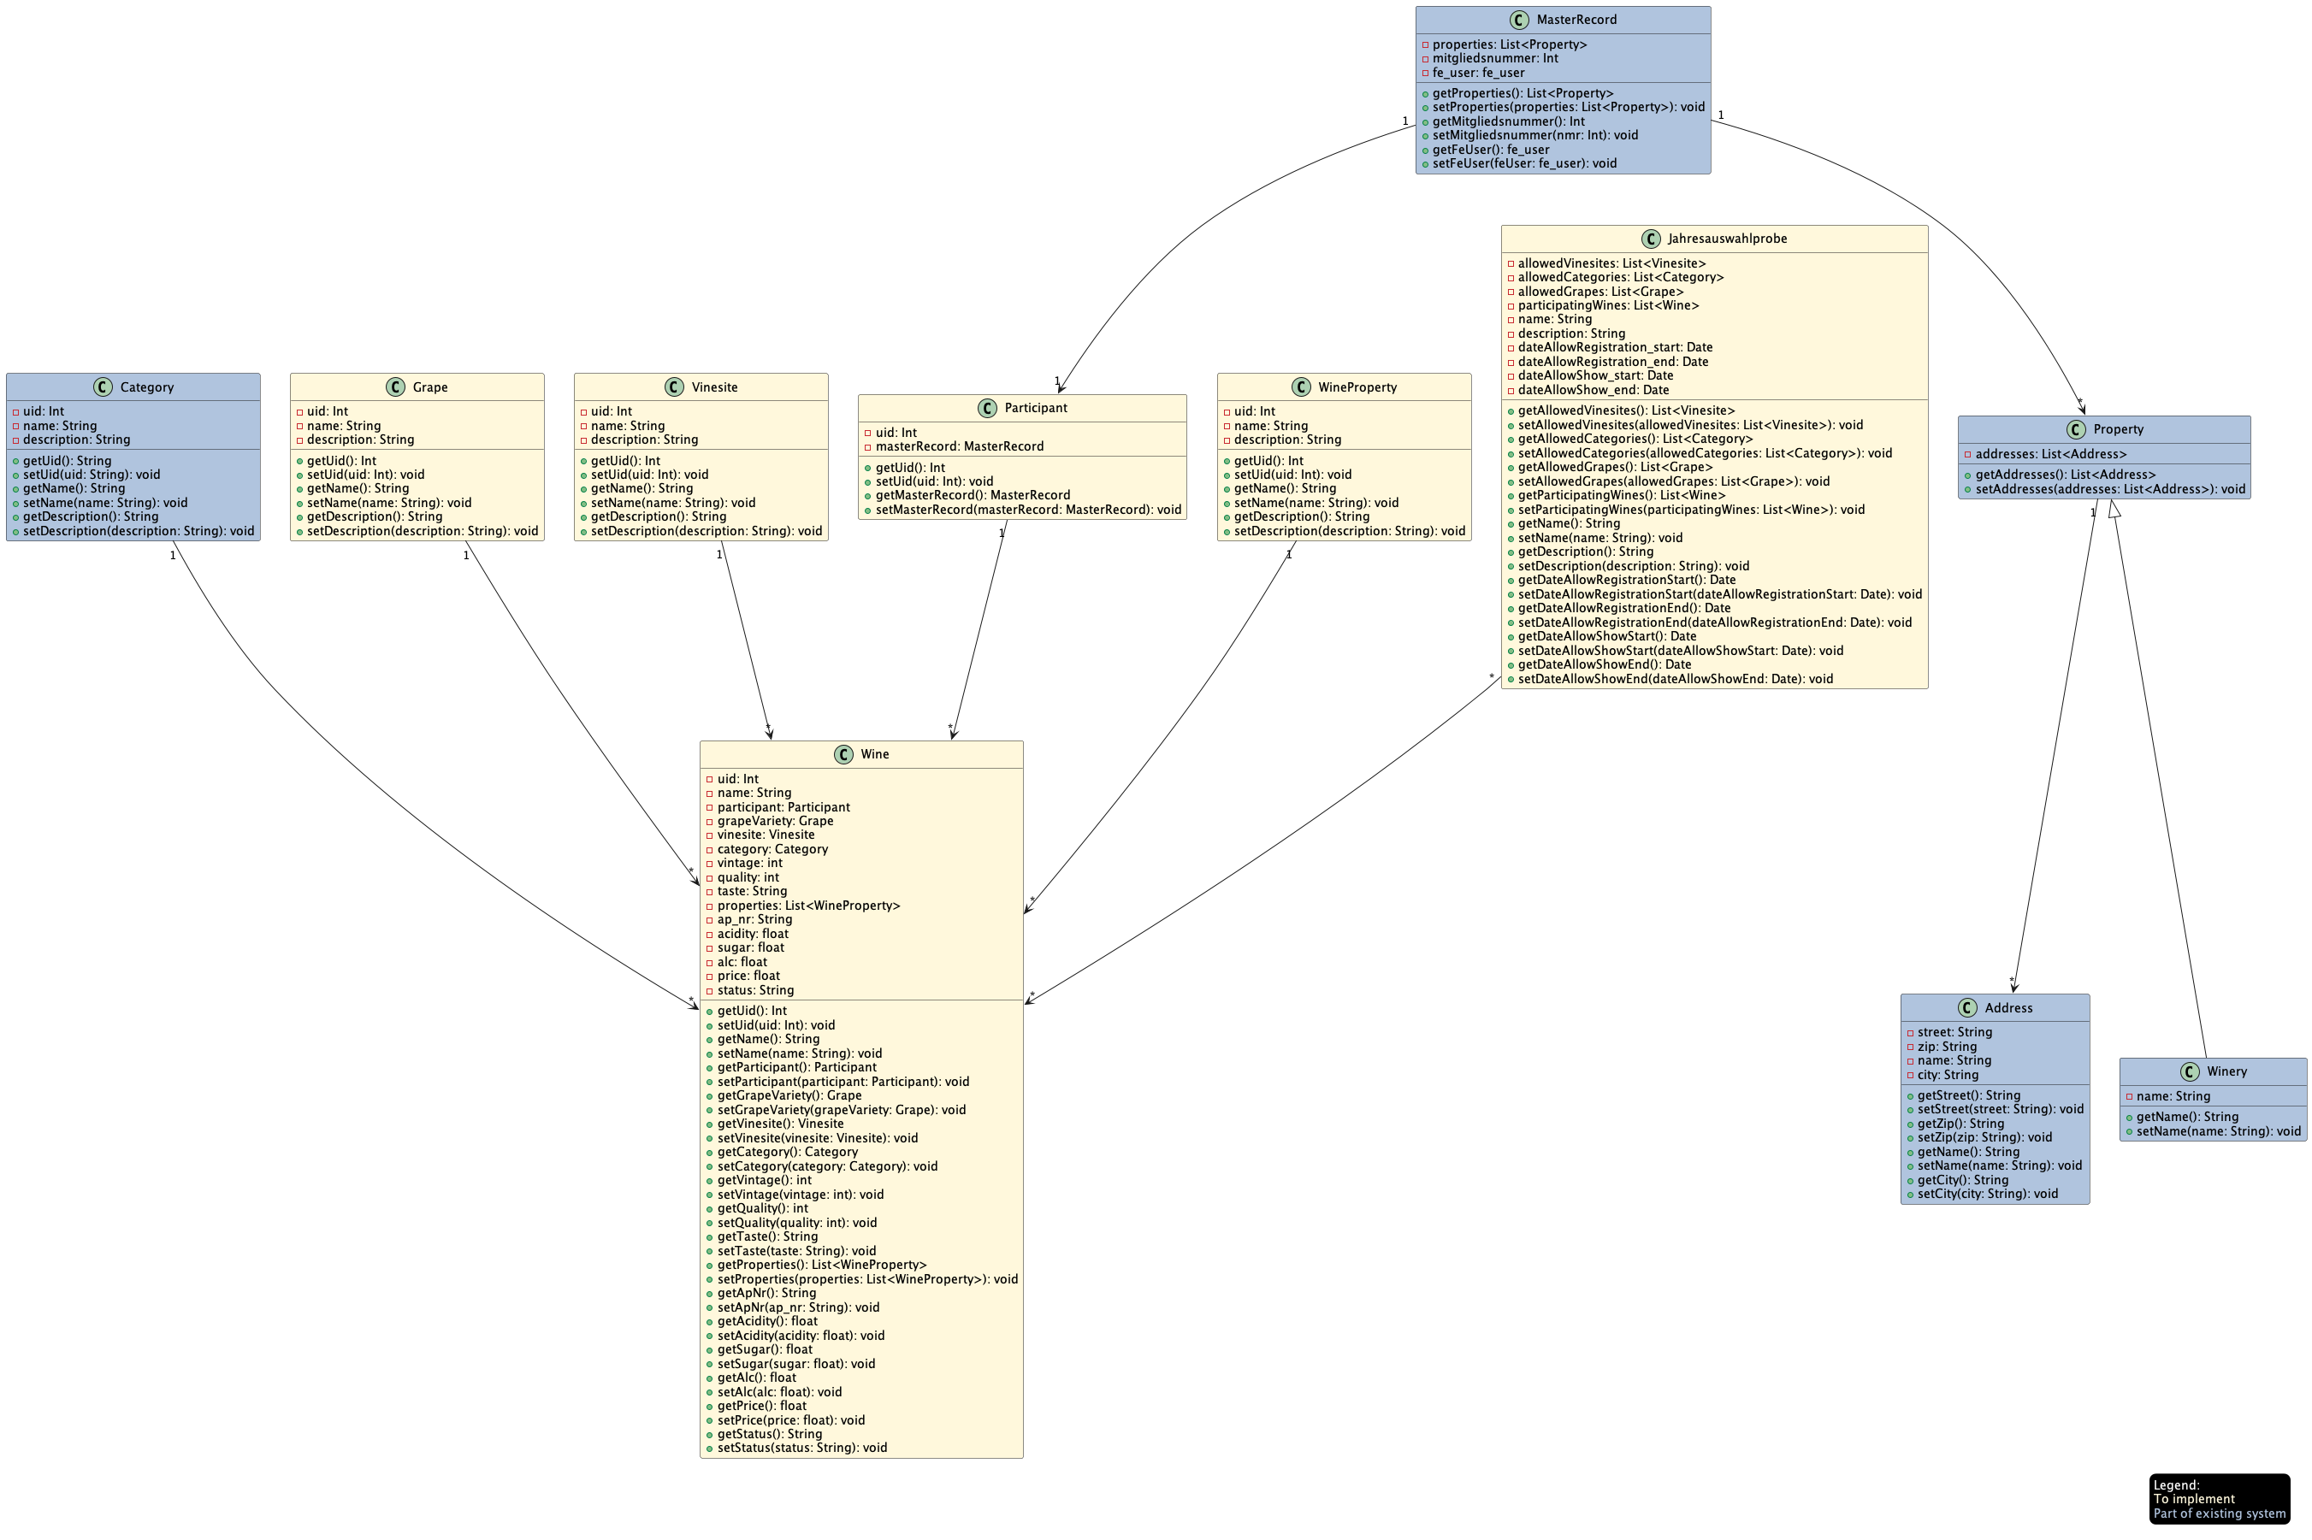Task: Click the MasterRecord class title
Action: pos(1576,20)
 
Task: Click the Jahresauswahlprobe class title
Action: pos(1727,239)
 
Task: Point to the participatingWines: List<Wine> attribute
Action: pos(1608,305)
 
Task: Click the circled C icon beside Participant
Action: pos(987,408)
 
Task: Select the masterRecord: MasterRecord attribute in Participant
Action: pos(959,445)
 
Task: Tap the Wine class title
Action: pos(874,754)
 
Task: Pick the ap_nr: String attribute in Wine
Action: pos(754,919)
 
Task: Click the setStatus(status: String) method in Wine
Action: pos(801,1447)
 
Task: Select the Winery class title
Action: pos(2226,1071)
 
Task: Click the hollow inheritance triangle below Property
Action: pos(2114,509)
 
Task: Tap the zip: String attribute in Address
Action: pos(1947,1046)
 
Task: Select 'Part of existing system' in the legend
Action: pos(2219,1513)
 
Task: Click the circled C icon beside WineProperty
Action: pos(1301,387)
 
